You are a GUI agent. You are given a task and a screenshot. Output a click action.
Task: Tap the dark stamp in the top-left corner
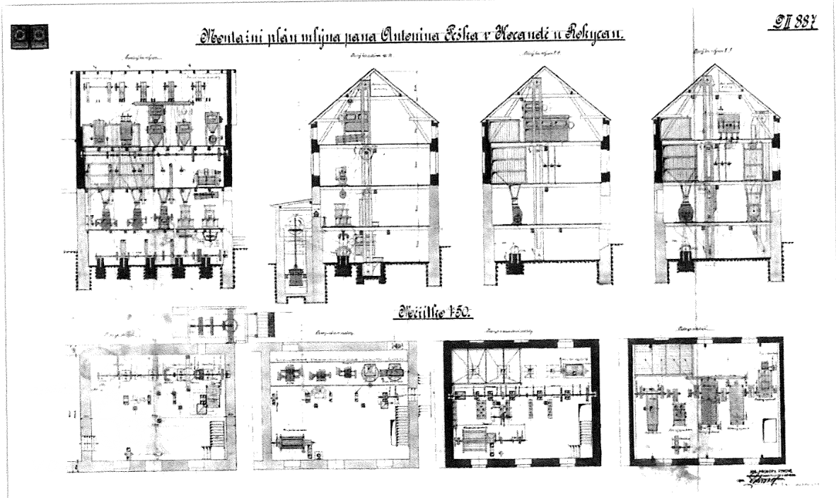pyautogui.click(x=29, y=33)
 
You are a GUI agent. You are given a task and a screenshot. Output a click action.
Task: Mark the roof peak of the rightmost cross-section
pyautogui.click(x=696, y=64)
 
